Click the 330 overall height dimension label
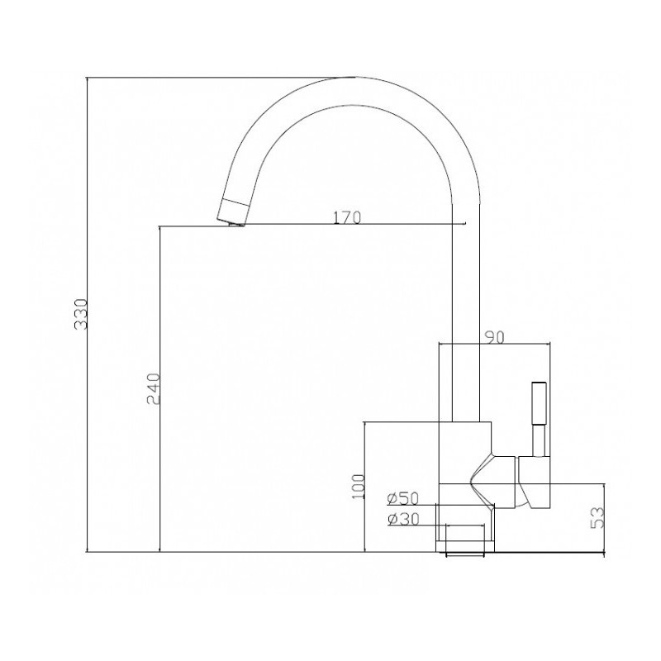click(x=80, y=314)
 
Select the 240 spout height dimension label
click(x=154, y=388)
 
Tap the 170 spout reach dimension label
click(x=347, y=217)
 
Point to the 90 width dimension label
click(x=494, y=337)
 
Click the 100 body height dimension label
click(x=358, y=486)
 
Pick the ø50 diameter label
click(x=403, y=499)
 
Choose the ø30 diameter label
click(x=403, y=520)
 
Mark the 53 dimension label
click(x=597, y=518)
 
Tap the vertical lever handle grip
click(x=540, y=404)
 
